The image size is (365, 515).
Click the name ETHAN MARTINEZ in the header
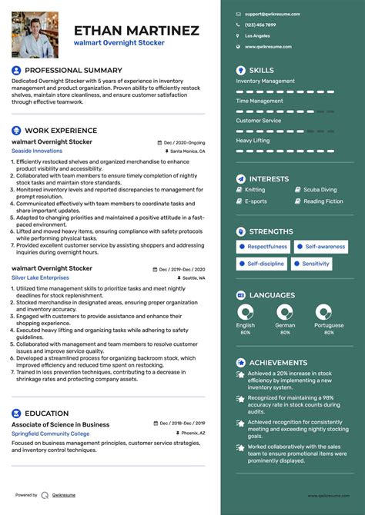click(136, 31)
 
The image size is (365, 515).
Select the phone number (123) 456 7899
click(260, 25)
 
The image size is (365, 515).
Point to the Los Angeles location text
click(257, 35)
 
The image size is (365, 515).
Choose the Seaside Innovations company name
click(37, 151)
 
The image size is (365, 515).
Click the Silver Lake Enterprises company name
click(39, 277)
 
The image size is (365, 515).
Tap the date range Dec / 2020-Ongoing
click(184, 143)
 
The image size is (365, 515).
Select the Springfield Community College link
click(50, 434)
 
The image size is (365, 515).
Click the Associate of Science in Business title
click(60, 424)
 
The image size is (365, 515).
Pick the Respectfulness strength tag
click(262, 247)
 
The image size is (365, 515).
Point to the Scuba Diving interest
click(320, 190)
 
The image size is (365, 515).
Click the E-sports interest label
click(256, 201)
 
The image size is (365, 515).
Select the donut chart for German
click(285, 311)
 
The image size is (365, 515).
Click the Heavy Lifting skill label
click(253, 141)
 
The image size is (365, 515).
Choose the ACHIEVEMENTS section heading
click(278, 362)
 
